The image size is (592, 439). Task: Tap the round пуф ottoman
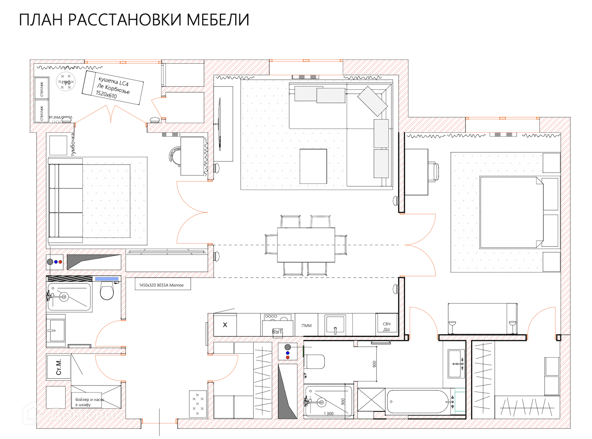[66, 82]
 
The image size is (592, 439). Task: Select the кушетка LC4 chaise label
[113, 88]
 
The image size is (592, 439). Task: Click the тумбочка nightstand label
[73, 145]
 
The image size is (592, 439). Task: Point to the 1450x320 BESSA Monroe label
[161, 285]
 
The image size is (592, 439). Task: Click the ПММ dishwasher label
[306, 326]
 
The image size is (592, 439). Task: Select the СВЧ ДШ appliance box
[387, 326]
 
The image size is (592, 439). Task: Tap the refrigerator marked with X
[225, 325]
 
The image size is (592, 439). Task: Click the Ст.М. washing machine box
[59, 367]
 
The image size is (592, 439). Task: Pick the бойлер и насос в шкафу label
[89, 402]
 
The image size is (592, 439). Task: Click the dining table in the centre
[306, 245]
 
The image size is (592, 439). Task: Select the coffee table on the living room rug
[313, 166]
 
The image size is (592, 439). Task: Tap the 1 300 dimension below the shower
[328, 414]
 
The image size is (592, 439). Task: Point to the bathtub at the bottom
[419, 402]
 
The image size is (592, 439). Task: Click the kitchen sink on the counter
[335, 325]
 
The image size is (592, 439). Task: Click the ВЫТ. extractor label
[277, 331]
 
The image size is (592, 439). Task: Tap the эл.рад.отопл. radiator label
[61, 117]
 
